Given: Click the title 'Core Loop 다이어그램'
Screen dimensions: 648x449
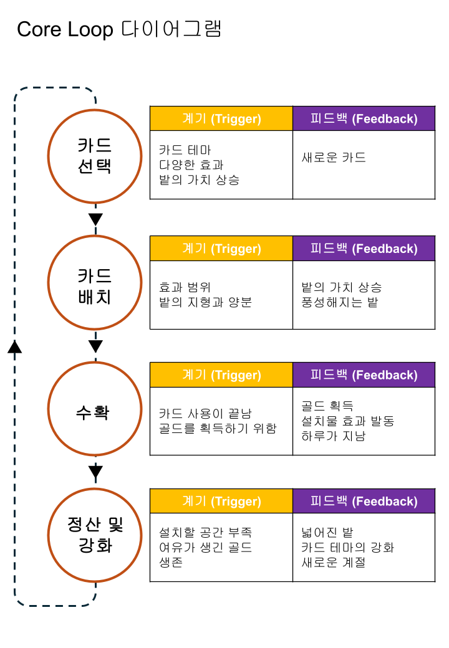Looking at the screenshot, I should point(119,29).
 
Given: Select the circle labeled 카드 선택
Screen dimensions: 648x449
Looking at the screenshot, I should point(95,156).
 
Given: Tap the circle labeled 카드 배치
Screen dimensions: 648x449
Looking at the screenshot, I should point(95,282).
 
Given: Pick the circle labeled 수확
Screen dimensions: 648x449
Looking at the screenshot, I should point(95,409).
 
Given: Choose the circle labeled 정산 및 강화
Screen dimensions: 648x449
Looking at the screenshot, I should point(95,535).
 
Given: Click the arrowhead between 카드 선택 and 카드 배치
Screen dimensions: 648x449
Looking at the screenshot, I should point(95,219).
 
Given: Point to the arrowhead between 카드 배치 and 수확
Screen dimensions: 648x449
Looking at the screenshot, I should point(95,346).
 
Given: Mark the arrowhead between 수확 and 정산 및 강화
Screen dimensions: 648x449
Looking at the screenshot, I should point(95,472).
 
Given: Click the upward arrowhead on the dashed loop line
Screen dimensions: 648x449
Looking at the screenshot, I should point(15,346).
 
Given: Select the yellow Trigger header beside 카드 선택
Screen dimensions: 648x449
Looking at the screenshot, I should point(221,118).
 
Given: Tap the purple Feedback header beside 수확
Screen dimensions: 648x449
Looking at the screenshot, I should point(364,374).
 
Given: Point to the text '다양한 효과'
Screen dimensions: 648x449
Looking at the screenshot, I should point(191,165).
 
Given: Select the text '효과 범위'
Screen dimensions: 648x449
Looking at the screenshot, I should point(185,287).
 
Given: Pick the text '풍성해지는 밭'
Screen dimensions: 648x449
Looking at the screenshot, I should point(339,303).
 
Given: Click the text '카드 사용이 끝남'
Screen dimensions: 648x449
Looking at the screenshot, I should point(205,414).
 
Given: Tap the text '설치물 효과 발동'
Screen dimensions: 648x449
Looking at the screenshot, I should point(347,421).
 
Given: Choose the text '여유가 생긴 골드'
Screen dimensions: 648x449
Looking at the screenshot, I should point(206,548).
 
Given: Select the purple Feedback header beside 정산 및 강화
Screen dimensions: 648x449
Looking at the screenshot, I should point(364,501).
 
